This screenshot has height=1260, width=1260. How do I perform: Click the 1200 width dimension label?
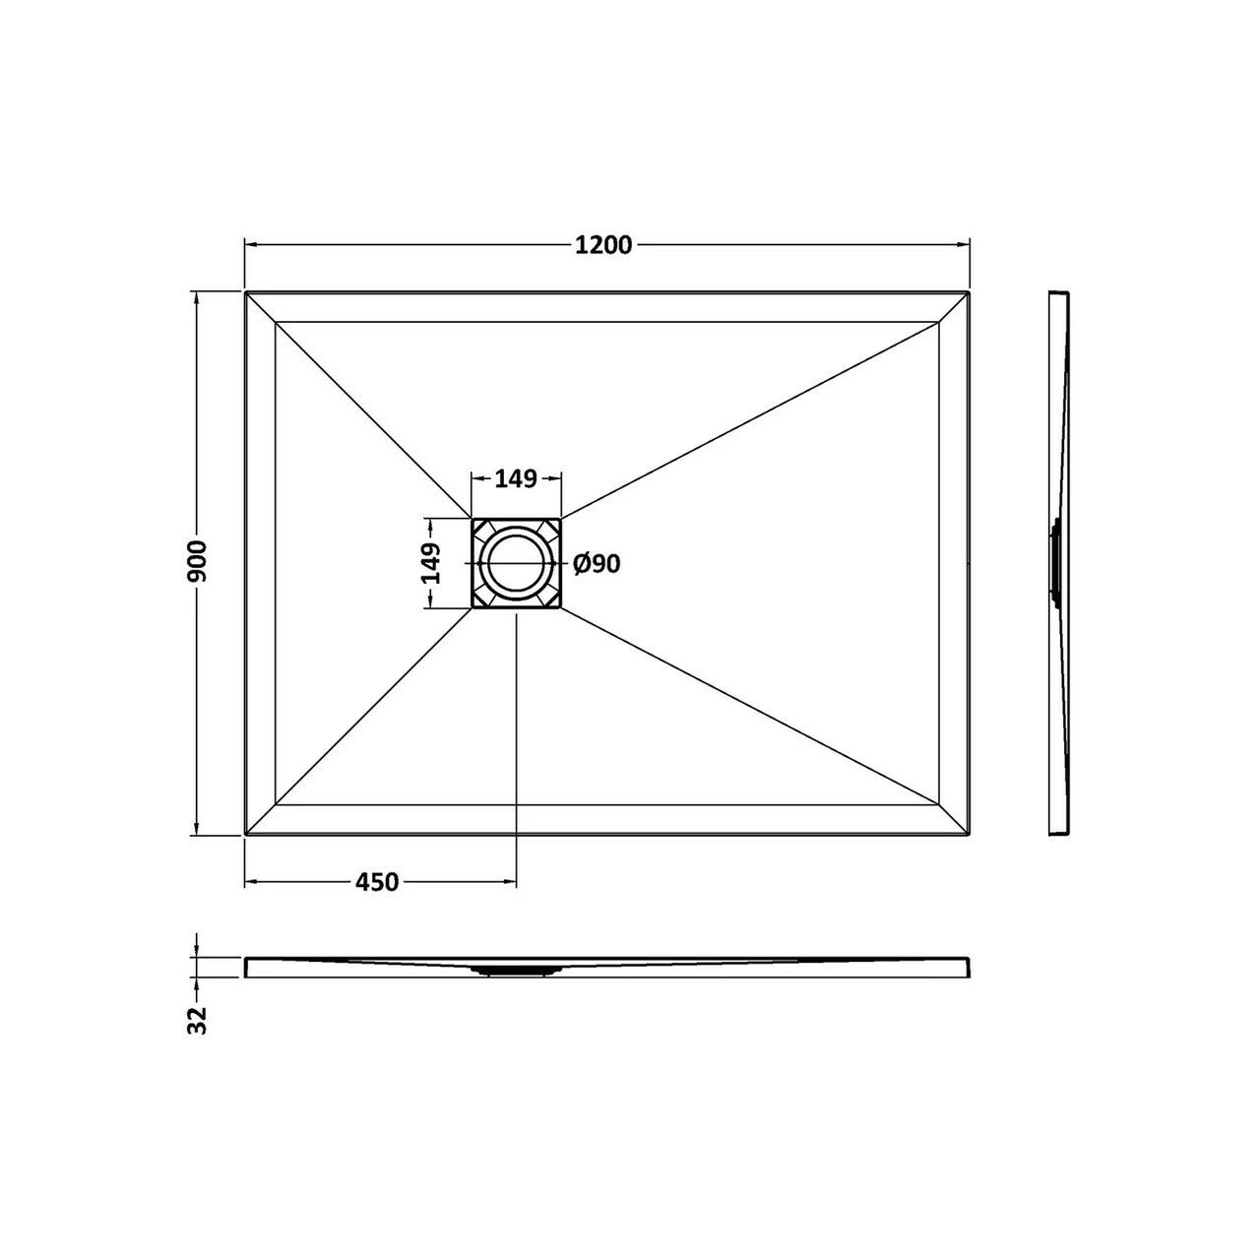pyautogui.click(x=603, y=246)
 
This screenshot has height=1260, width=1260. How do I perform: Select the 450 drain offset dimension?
pyautogui.click(x=377, y=883)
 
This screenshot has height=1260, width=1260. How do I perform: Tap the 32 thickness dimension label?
pyautogui.click(x=198, y=1020)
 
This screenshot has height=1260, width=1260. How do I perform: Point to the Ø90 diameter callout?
pyautogui.click(x=597, y=564)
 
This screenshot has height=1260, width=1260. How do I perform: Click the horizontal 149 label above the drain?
pyautogui.click(x=516, y=479)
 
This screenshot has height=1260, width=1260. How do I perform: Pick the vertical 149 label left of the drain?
pyautogui.click(x=431, y=563)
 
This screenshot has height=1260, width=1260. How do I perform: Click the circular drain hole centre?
pyautogui.click(x=515, y=563)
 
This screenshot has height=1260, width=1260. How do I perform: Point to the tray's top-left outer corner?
pyautogui.click(x=245, y=291)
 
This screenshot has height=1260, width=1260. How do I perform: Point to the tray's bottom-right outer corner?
pyautogui.click(x=970, y=835)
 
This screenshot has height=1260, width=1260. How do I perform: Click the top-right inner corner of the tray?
pyautogui.click(x=939, y=322)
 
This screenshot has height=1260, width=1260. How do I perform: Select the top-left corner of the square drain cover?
pyautogui.click(x=472, y=519)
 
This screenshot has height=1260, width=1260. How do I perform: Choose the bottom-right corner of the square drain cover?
pyautogui.click(x=560, y=607)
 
